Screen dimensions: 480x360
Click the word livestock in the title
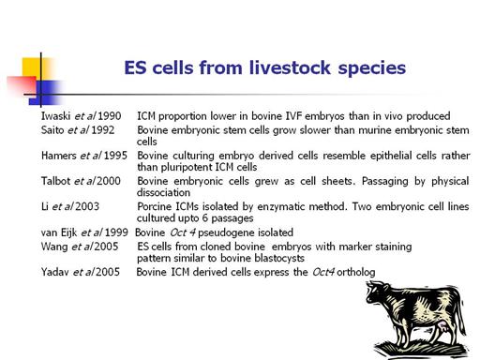pos(290,67)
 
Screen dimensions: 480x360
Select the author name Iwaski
pos(55,116)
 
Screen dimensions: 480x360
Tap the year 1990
pos(110,116)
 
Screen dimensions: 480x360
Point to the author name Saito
pos(52,130)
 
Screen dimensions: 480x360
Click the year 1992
pos(103,130)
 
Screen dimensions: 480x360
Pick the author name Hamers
pos(59,156)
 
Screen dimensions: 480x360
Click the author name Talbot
pos(56,181)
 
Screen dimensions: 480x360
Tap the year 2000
pos(109,181)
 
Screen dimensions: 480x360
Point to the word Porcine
pos(155,206)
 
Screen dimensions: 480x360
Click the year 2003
pos(87,206)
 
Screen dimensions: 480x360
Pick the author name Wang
pos(54,247)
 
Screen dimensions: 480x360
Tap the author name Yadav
pos(55,272)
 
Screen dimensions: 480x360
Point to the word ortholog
pos(356,272)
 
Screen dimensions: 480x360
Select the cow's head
pos(376,292)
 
